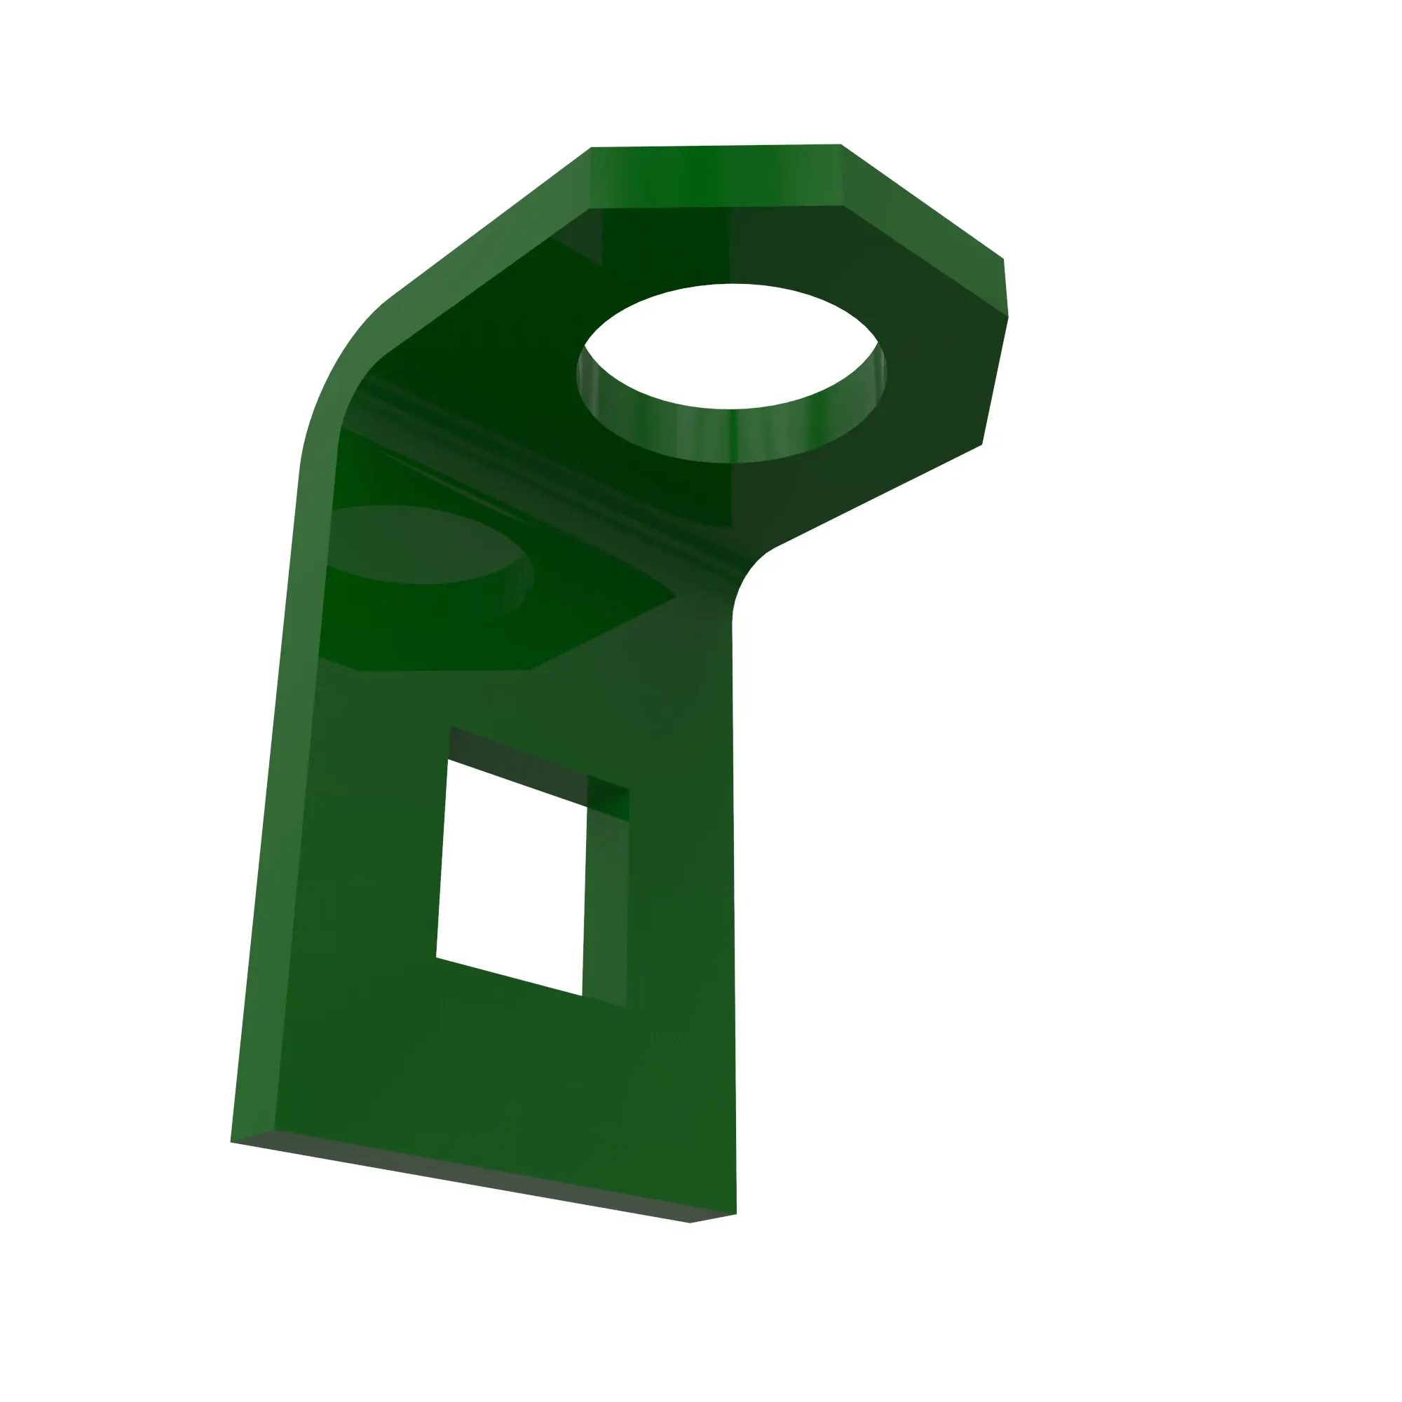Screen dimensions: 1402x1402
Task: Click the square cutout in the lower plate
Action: pyautogui.click(x=512, y=878)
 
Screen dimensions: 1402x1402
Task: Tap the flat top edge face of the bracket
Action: pyautogui.click(x=715, y=177)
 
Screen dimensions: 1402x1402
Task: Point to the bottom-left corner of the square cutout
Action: pyautogui.click(x=436, y=957)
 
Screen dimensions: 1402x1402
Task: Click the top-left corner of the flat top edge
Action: pyautogui.click(x=591, y=147)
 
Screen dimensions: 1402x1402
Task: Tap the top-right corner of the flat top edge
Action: pyautogui.click(x=841, y=144)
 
